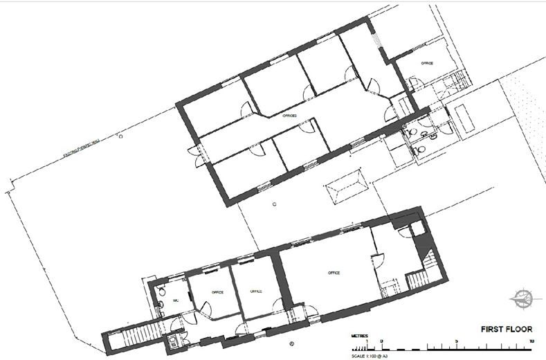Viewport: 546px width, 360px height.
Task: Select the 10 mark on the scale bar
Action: pos(530,341)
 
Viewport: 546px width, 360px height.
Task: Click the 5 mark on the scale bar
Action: pos(456,341)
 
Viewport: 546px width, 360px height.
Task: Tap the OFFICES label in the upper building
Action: pos(289,116)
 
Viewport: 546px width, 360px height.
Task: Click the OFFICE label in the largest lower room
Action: pos(334,273)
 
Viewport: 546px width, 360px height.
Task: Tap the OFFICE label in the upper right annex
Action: pos(427,63)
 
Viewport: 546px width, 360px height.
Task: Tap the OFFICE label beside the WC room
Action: pos(217,291)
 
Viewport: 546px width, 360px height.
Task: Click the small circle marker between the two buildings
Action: pos(274,204)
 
